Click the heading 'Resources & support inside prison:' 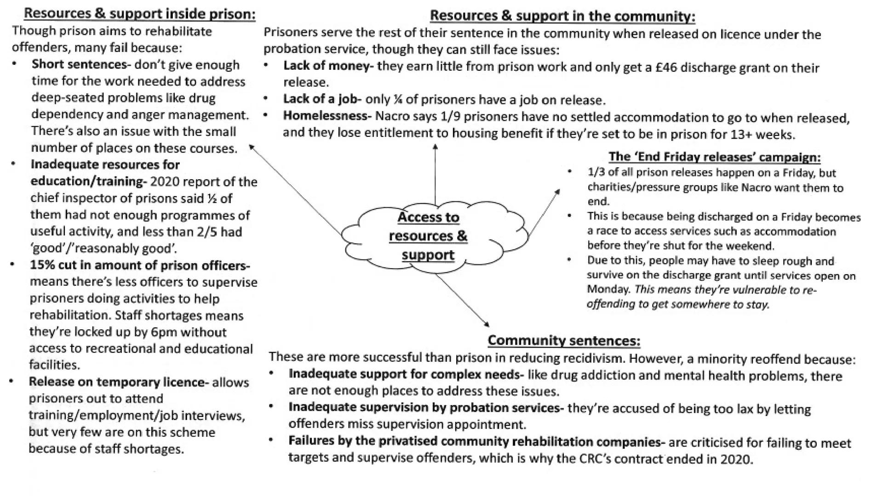pyautogui.click(x=139, y=13)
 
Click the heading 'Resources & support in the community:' pyautogui.click(x=562, y=16)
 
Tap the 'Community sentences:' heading pyautogui.click(x=563, y=340)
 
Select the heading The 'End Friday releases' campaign pyautogui.click(x=714, y=157)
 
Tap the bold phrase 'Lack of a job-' pyautogui.click(x=322, y=99)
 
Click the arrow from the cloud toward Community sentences pyautogui.click(x=462, y=300)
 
